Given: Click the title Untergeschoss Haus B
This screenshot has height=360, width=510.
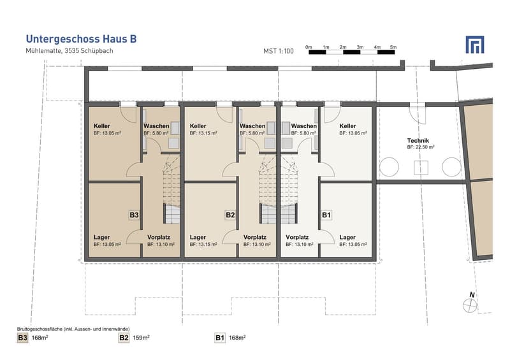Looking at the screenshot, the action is coord(82,39).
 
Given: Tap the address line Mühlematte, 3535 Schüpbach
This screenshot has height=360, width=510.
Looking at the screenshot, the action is coord(69,51).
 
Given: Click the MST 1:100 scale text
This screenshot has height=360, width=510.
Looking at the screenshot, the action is coord(279,51).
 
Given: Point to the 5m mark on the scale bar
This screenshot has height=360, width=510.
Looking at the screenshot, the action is coord(393,47).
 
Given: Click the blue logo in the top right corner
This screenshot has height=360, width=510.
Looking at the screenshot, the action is coord(475,45).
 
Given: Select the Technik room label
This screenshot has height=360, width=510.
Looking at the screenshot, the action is coord(418,140).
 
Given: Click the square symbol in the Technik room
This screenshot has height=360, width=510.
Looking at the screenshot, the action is coord(421,168).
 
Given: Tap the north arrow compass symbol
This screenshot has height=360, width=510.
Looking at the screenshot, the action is coord(470,305).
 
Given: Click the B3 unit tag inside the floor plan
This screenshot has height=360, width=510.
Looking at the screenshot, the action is coord(134,215).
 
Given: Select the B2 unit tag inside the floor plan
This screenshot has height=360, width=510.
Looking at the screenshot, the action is coord(230,215).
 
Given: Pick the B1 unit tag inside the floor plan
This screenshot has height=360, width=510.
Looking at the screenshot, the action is coord(326,215).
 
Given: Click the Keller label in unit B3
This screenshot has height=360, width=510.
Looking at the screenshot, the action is coord(102,126).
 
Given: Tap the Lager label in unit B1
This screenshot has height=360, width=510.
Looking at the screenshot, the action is coord(347,237).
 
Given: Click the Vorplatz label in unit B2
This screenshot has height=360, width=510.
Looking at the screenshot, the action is coord(255,237).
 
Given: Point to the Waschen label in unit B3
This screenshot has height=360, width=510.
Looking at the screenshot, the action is coord(156,126).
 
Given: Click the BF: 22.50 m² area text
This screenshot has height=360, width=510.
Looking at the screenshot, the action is coord(421,147).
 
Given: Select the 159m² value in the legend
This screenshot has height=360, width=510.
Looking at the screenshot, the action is coord(141,338).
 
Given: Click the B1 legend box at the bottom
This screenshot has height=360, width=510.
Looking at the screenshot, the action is coord(220,338).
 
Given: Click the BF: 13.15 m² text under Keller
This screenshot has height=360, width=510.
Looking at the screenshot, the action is coord(203,133).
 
